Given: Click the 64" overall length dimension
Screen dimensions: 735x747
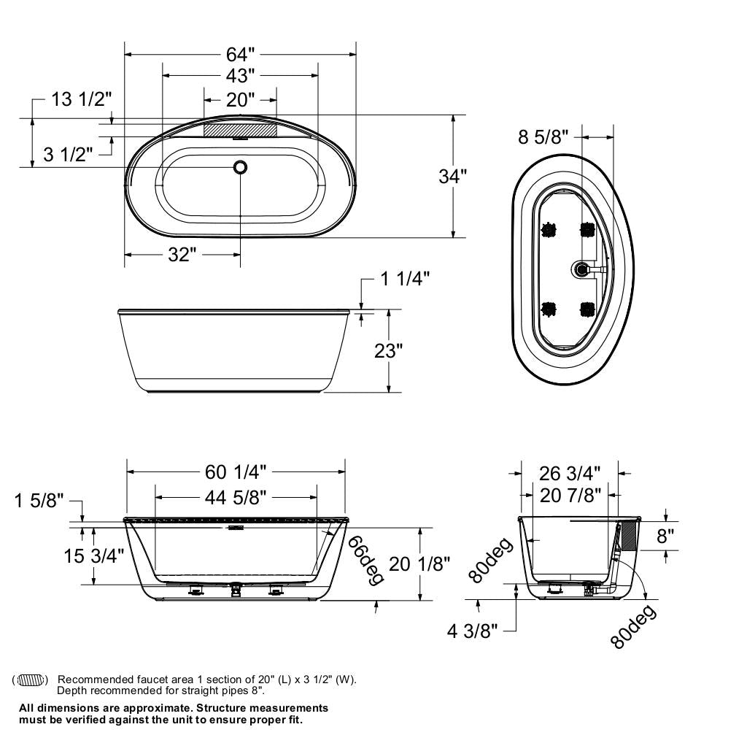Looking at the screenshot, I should (240, 54).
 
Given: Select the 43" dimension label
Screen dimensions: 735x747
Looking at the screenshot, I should (240, 76).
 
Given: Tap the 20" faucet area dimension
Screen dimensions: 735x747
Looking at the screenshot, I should (240, 99).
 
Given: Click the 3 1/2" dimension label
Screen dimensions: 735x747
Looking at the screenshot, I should (68, 155).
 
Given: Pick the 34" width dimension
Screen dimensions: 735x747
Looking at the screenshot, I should (452, 176).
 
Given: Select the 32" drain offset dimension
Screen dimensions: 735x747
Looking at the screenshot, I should (182, 255).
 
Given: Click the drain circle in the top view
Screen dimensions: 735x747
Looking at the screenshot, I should (240, 167).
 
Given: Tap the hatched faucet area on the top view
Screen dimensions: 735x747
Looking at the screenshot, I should (240, 129).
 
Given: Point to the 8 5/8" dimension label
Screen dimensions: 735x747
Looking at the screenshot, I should (543, 136).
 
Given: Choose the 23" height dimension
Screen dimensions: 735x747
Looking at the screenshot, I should (388, 350).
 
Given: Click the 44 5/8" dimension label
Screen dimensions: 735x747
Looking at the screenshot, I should (236, 498).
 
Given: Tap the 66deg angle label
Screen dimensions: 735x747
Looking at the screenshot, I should (365, 560).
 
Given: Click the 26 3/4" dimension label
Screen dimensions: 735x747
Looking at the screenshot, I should (570, 473).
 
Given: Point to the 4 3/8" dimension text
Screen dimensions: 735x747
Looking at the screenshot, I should (473, 631).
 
